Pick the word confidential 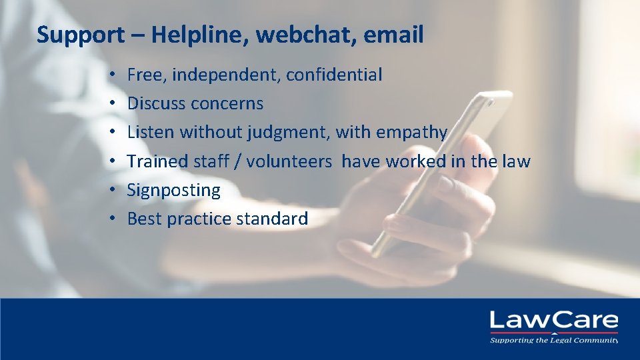pyautogui.click(x=334, y=75)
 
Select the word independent pyautogui.click(x=227, y=75)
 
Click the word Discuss pyautogui.click(x=156, y=103)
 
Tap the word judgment pyautogui.click(x=288, y=133)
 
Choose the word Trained pyautogui.click(x=158, y=161)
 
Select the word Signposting pyautogui.click(x=173, y=191)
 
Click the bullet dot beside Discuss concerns pyautogui.click(x=114, y=104)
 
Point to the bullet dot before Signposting pyautogui.click(x=114, y=191)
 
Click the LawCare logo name pyautogui.click(x=554, y=321)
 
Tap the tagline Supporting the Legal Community pyautogui.click(x=554, y=340)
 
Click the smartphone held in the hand pyautogui.click(x=440, y=167)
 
